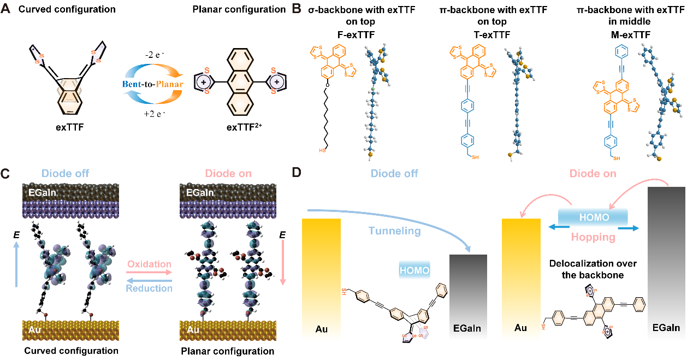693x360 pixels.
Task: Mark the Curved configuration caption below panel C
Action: coord(72,350)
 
